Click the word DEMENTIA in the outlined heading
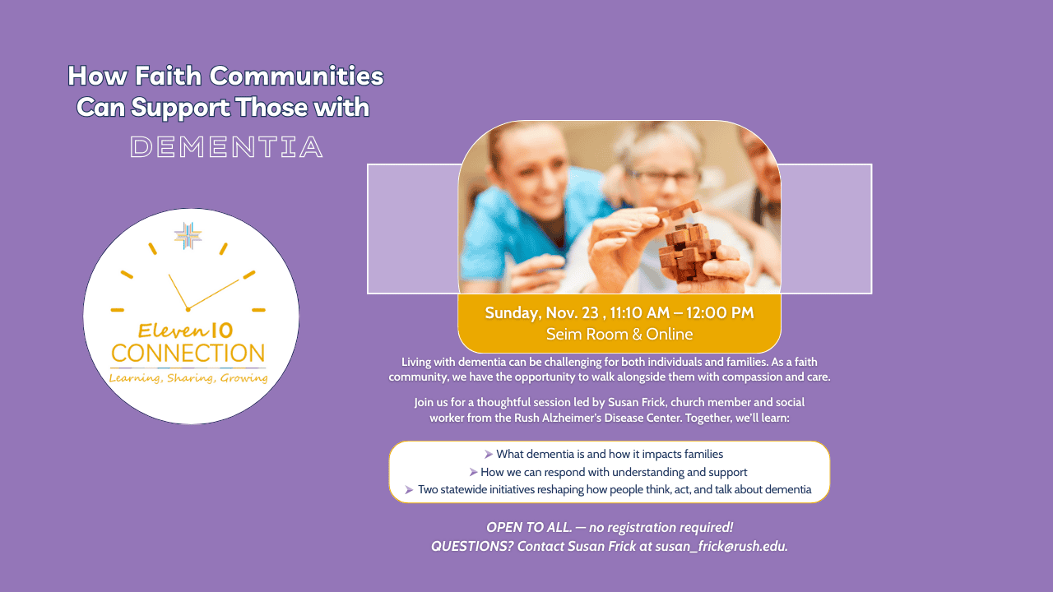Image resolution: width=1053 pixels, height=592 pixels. coord(226,147)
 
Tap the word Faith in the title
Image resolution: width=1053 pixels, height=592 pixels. coord(169,76)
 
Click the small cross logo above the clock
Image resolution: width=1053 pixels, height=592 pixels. coord(188,235)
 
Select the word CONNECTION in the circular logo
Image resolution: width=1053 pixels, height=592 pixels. coord(188,354)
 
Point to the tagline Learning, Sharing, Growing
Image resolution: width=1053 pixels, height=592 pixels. coord(188,378)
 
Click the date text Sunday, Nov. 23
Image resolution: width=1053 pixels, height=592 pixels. coord(541,313)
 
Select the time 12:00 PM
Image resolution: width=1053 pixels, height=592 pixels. coord(720,313)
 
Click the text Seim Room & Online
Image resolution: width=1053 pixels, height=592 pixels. coord(619,334)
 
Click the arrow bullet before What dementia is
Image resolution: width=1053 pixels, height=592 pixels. coord(489,455)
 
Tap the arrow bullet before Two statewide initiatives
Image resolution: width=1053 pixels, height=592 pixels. coord(409,490)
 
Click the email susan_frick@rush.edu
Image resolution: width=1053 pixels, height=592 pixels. coord(721,547)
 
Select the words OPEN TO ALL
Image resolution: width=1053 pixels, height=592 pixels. coord(529,528)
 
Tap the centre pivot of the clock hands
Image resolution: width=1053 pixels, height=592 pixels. coord(188,310)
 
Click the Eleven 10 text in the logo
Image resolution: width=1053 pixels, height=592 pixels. coord(186,331)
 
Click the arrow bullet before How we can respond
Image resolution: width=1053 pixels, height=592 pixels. coord(473,472)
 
